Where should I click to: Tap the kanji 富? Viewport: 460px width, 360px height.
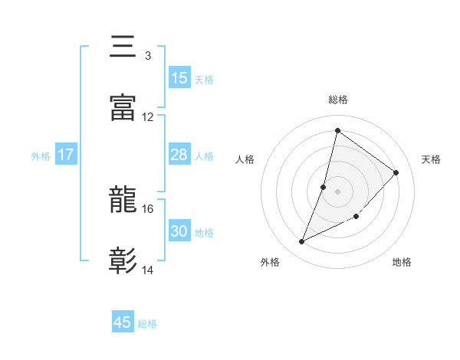click(x=123, y=109)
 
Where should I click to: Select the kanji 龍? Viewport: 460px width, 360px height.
click(x=123, y=201)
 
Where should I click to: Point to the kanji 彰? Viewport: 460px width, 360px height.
click(x=123, y=261)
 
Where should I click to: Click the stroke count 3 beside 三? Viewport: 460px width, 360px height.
click(x=147, y=56)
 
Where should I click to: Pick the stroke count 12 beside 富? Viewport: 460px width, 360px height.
click(x=148, y=117)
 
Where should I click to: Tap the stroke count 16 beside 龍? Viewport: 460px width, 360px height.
click(x=148, y=208)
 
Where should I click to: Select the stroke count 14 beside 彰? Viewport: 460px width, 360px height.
click(x=148, y=270)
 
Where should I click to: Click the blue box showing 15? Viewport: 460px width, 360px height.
click(x=179, y=78)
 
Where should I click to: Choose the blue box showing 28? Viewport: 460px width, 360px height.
click(x=179, y=155)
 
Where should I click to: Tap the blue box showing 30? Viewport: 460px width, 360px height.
click(x=179, y=231)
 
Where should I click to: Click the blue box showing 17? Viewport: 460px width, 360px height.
click(x=66, y=155)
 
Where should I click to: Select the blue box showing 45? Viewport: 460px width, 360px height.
click(x=123, y=322)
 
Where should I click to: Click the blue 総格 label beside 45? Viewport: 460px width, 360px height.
click(x=147, y=324)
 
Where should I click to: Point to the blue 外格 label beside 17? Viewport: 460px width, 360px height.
click(x=41, y=156)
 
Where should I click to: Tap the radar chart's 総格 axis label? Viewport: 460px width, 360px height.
click(x=337, y=100)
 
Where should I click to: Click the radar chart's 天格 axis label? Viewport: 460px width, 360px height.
click(x=431, y=159)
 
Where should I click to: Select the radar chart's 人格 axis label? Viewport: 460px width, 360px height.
click(x=245, y=159)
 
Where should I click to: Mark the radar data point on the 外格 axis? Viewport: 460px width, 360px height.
click(x=302, y=242)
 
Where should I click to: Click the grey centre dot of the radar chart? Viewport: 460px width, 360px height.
click(x=337, y=191)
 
